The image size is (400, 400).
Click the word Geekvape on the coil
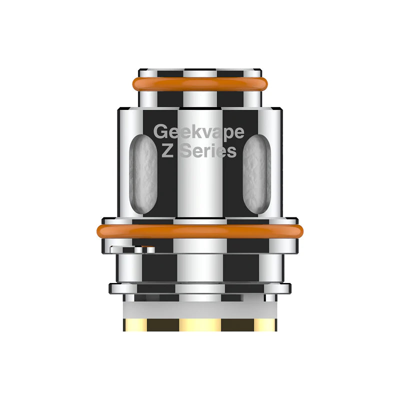[x=199, y=132]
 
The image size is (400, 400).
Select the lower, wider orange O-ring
[x=200, y=231]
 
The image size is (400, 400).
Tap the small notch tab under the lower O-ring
[x=131, y=248]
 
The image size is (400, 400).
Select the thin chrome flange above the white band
[x=200, y=288]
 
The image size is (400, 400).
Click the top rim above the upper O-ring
[x=200, y=69]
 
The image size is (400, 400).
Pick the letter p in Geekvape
[x=227, y=133]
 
